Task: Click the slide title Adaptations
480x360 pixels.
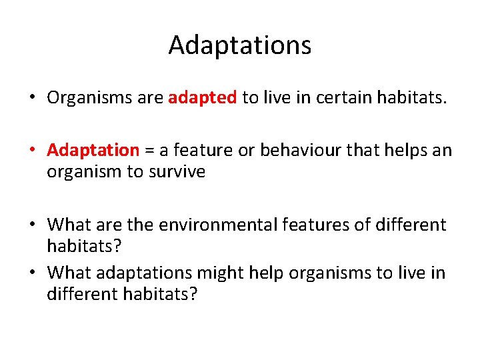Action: click(x=239, y=45)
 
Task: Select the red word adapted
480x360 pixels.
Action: click(x=203, y=98)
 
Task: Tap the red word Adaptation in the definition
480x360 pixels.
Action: click(x=93, y=150)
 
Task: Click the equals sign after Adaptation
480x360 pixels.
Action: click(x=149, y=151)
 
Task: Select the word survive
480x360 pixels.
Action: click(x=176, y=171)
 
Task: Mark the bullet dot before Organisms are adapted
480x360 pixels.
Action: click(x=32, y=99)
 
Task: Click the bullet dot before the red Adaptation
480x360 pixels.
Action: click(x=32, y=151)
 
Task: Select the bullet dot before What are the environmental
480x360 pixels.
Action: click(x=32, y=224)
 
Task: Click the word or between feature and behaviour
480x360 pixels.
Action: click(x=246, y=151)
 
